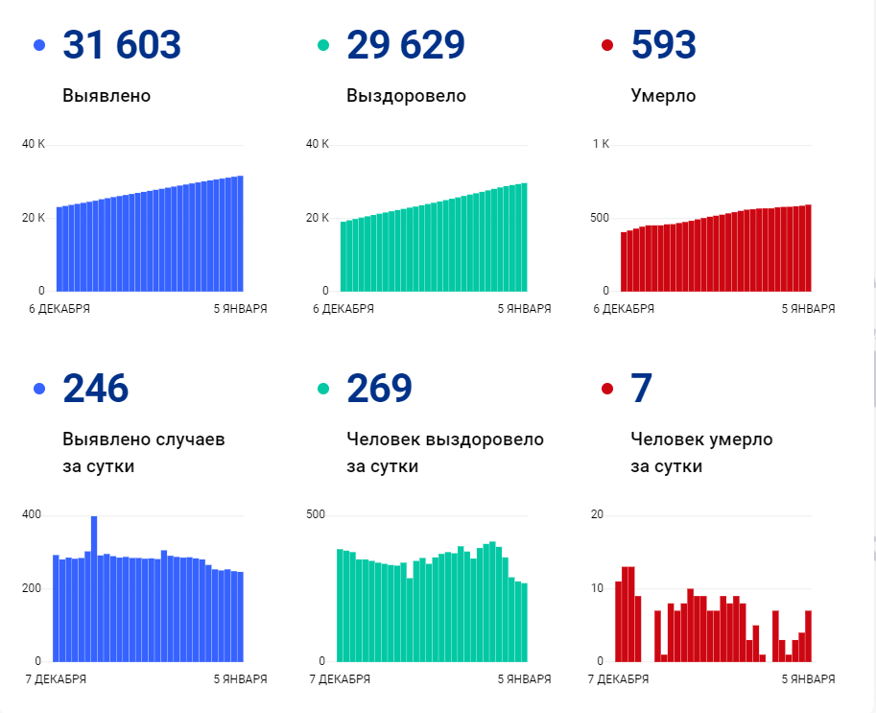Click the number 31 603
(121, 45)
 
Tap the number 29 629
(405, 45)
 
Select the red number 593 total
(664, 45)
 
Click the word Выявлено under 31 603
(107, 96)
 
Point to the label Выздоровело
(406, 96)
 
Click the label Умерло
(663, 96)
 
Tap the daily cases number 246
(95, 389)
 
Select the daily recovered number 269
(379, 389)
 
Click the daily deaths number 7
(641, 389)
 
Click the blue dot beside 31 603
(39, 45)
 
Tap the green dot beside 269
(323, 389)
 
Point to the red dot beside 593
(606, 45)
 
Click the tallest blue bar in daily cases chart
(94, 587)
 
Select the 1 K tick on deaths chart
(601, 144)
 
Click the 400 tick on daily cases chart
(32, 515)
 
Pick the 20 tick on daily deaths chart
(597, 515)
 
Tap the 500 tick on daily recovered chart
(316, 515)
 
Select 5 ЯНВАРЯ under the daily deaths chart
(808, 679)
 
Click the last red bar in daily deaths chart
(808, 635)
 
